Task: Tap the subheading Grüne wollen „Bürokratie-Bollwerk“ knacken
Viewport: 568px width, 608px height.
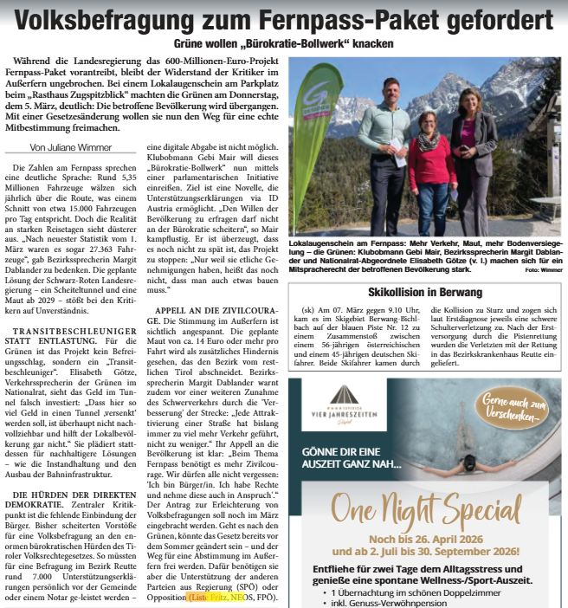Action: coord(283,43)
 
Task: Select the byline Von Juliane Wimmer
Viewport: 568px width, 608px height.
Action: coord(59,146)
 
